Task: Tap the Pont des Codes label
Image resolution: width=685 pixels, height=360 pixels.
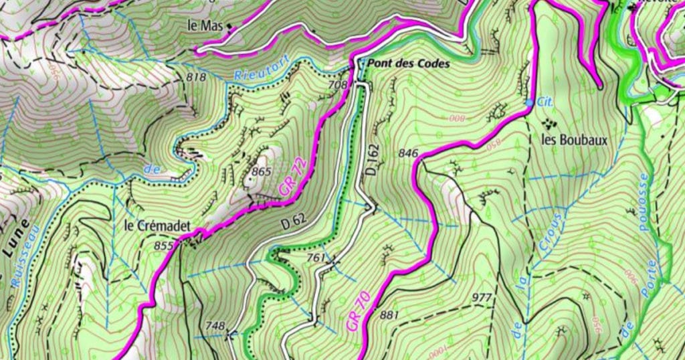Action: (407, 65)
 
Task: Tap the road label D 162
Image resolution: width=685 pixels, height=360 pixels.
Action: (372, 159)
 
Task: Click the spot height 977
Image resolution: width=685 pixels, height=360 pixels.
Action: (482, 298)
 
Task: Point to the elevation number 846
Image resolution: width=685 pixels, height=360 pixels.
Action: (408, 153)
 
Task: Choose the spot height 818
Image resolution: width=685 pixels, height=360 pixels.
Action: (196, 78)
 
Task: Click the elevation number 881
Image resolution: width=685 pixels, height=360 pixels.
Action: (389, 315)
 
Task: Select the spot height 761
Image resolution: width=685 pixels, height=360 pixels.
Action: (315, 258)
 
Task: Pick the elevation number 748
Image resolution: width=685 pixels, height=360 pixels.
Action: (215, 326)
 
